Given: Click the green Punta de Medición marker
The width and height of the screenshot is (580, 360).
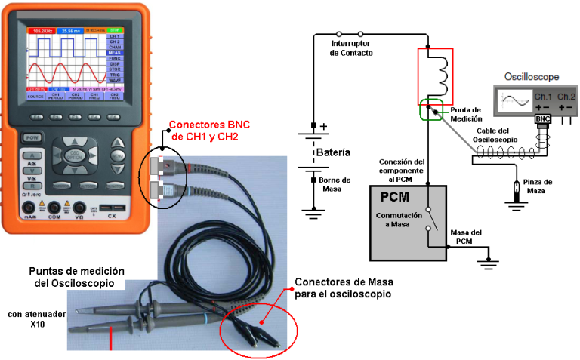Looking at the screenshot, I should click(x=431, y=110).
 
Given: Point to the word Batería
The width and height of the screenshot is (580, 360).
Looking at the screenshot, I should click(x=333, y=152).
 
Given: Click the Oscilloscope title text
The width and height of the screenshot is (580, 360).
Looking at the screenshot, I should click(x=531, y=78).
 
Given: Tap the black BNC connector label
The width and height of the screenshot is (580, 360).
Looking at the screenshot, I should click(x=542, y=119).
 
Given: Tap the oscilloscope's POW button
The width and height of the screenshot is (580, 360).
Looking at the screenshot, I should click(x=32, y=137).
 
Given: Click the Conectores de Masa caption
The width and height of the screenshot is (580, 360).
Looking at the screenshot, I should click(x=344, y=288).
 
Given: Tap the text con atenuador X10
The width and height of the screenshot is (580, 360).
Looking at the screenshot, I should click(x=35, y=318).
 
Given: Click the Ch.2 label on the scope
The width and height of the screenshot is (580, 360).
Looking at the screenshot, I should click(x=566, y=97).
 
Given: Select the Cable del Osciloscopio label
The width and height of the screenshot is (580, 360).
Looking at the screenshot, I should click(x=496, y=135).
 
